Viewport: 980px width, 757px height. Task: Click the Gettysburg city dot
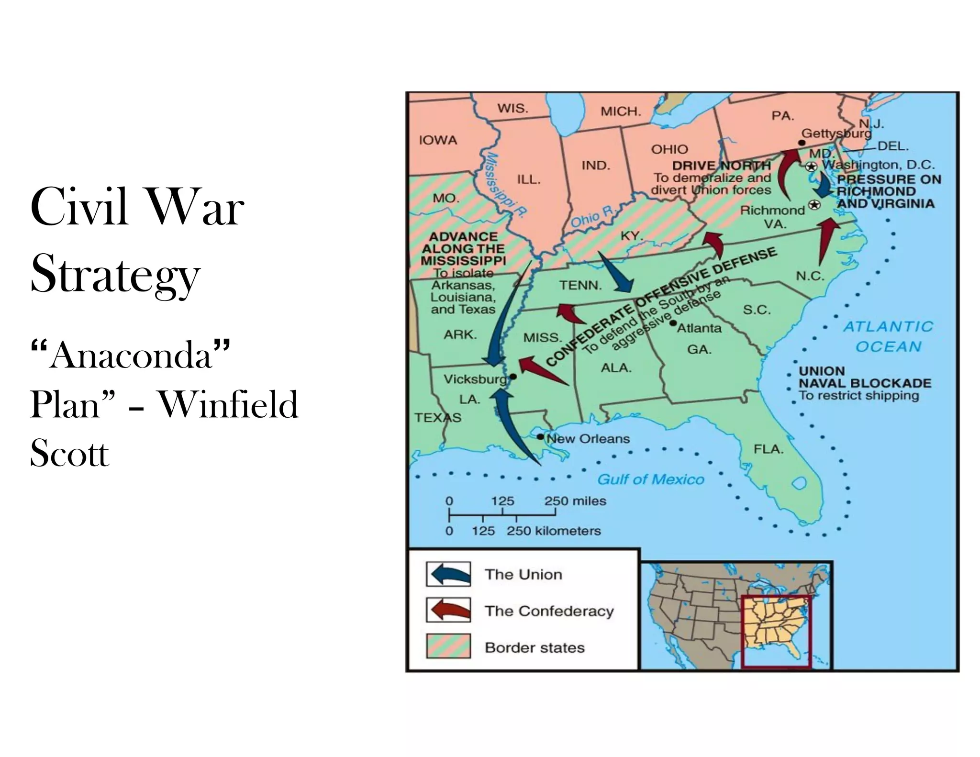(x=802, y=143)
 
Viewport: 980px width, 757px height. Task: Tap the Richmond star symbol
(x=814, y=205)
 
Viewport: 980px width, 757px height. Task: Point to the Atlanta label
(x=699, y=328)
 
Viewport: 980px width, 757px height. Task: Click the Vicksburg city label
(x=475, y=379)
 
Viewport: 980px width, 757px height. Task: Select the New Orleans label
(x=588, y=439)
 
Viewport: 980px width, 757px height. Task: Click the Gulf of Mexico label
(x=651, y=479)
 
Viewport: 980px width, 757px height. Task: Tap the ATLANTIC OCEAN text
(x=888, y=336)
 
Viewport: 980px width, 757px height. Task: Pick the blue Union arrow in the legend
(x=448, y=574)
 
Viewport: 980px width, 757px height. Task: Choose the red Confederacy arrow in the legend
(x=448, y=610)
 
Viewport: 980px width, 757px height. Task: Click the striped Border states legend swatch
(x=448, y=646)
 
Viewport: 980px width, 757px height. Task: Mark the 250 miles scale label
(x=575, y=501)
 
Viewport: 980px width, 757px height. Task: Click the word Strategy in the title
(x=115, y=276)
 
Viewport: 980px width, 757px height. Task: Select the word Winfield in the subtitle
(x=228, y=405)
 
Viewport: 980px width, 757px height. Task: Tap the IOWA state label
(x=438, y=140)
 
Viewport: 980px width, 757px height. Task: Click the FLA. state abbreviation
(x=768, y=449)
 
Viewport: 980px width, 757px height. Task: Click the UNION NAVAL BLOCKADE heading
(x=864, y=377)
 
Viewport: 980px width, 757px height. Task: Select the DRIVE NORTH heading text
(x=721, y=166)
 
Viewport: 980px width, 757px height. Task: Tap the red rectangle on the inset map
(x=776, y=631)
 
